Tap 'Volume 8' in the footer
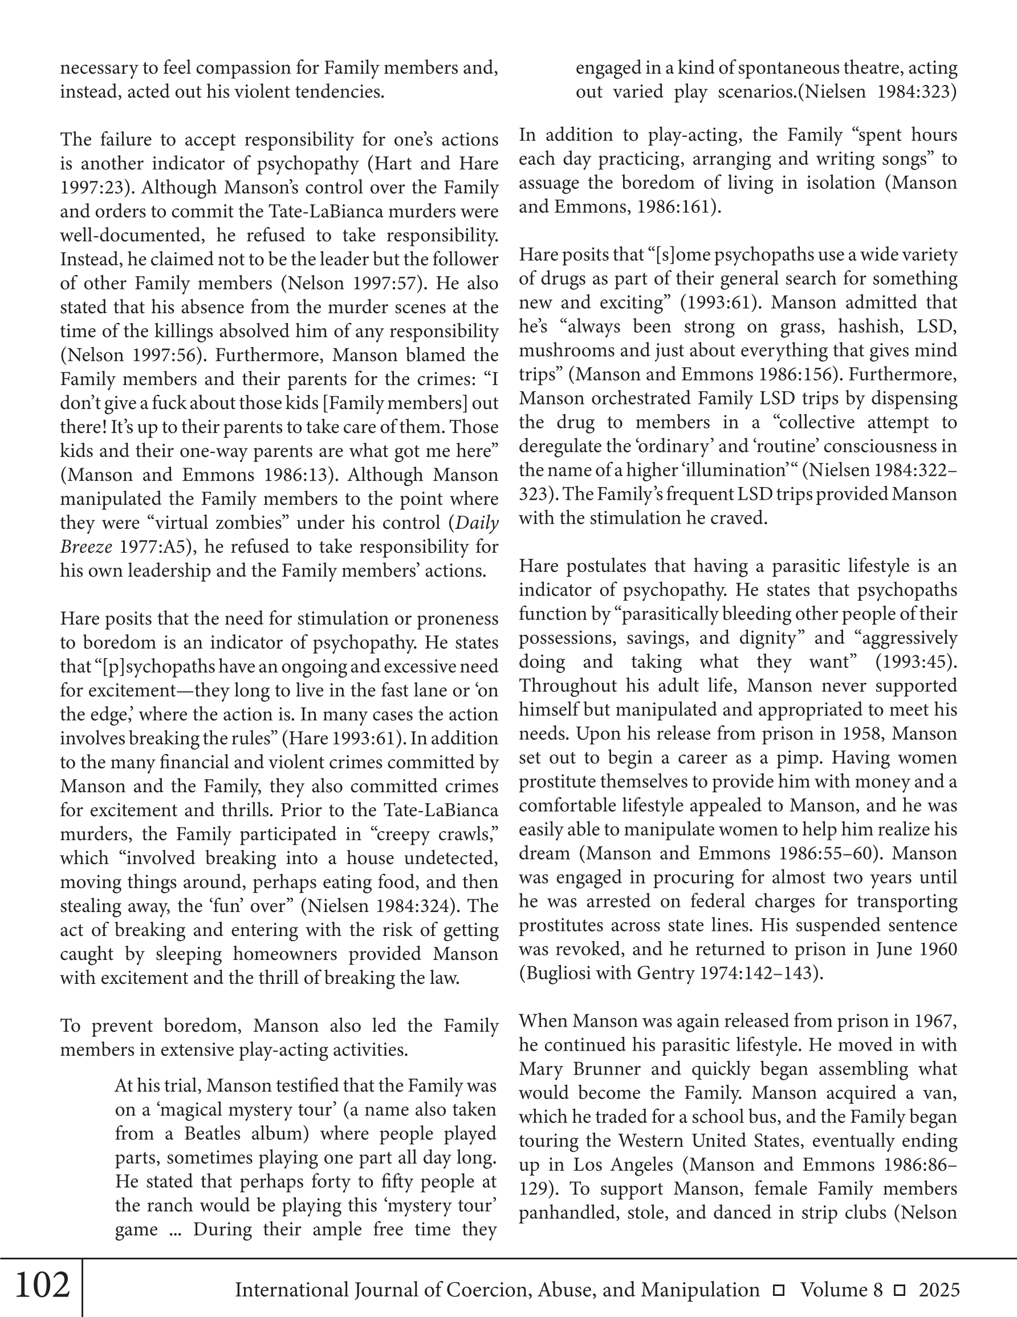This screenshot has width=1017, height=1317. (x=841, y=1290)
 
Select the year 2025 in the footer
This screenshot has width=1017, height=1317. (x=939, y=1290)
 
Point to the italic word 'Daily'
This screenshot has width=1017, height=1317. (x=477, y=523)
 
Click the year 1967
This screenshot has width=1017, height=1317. (x=935, y=1021)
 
